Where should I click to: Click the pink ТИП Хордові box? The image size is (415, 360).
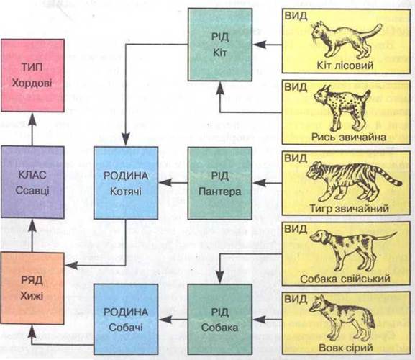(x=33, y=76)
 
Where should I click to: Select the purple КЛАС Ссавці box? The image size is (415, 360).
(x=32, y=182)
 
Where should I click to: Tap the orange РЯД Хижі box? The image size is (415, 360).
(x=32, y=288)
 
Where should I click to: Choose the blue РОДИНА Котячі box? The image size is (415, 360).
(x=126, y=183)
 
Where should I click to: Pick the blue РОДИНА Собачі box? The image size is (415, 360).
(x=126, y=319)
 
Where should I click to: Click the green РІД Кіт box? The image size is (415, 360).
(x=220, y=45)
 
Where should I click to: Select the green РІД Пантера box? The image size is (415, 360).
(x=220, y=184)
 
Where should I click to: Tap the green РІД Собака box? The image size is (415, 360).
(x=220, y=319)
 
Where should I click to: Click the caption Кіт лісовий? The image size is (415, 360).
(x=345, y=66)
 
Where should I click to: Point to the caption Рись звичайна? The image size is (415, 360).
(x=349, y=137)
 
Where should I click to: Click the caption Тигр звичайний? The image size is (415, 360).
(x=350, y=209)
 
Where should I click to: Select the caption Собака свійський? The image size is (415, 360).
(x=345, y=279)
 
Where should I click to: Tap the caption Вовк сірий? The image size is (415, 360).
(x=346, y=348)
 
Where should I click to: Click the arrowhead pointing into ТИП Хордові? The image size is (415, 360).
(x=32, y=118)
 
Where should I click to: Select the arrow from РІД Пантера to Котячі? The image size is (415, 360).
(x=173, y=183)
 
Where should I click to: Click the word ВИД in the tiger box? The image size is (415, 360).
(x=296, y=158)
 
